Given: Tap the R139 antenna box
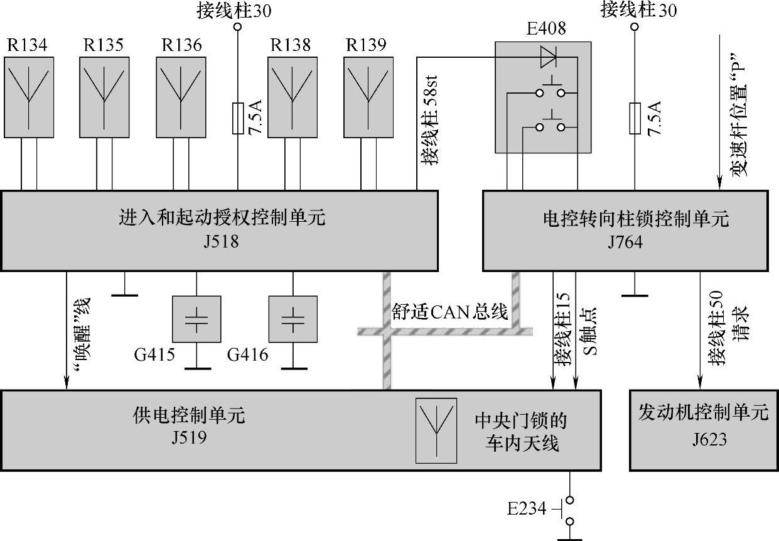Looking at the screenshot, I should (368, 97).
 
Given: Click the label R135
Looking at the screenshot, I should (104, 46).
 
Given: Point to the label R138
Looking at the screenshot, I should (290, 46).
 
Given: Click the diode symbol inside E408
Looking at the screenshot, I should (548, 58).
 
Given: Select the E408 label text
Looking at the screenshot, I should (545, 28).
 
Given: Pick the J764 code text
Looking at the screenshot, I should (625, 242).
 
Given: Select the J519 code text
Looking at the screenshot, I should (188, 437).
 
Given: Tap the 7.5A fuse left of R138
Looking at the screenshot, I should (237, 119).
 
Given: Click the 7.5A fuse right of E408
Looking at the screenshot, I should (635, 119).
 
